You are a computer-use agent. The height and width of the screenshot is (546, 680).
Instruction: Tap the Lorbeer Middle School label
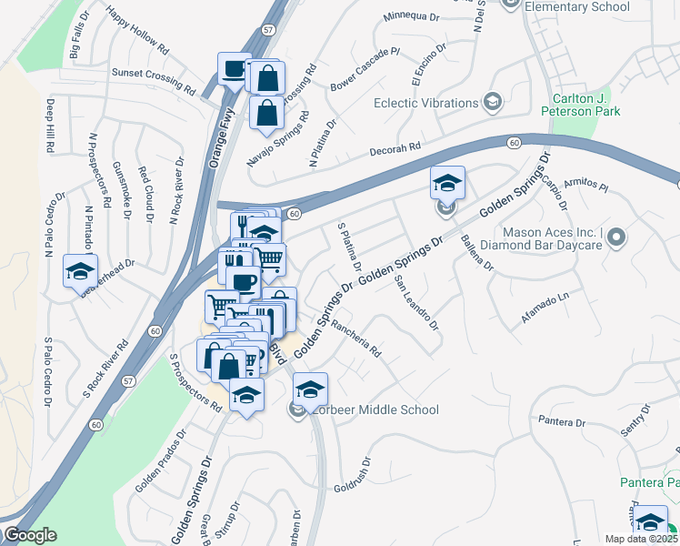[375, 410]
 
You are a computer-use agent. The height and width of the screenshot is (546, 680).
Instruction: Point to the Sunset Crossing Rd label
[154, 81]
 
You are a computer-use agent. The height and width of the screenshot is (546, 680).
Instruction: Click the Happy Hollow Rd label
[137, 29]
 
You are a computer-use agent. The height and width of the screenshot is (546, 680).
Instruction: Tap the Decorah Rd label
[395, 148]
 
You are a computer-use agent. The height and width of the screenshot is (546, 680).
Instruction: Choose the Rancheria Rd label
[355, 338]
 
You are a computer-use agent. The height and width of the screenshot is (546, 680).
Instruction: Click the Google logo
[29, 535]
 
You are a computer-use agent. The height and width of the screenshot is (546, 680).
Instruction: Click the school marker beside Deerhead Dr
[79, 270]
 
